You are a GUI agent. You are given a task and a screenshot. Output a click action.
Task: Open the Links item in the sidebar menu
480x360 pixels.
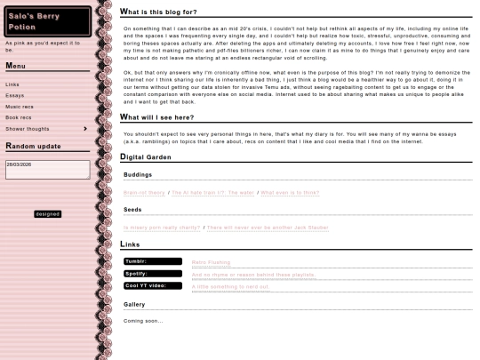click(12, 84)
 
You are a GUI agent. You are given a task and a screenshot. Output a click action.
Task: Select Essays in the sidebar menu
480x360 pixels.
click(15, 95)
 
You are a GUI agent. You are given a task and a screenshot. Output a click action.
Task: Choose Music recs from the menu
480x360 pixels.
click(20, 107)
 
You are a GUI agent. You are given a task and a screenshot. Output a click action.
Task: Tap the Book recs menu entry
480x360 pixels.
click(19, 117)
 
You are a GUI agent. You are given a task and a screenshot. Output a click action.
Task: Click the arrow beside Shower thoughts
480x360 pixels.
click(85, 129)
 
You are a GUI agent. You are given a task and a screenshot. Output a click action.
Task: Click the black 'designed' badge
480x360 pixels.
click(47, 214)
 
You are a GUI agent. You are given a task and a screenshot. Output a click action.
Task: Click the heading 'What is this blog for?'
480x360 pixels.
click(159, 12)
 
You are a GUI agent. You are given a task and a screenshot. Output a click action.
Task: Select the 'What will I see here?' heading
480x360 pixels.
click(156, 116)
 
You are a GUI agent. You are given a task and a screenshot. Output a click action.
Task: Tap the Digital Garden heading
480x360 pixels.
click(146, 156)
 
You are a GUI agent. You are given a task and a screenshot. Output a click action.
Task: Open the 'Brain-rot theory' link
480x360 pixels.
click(144, 192)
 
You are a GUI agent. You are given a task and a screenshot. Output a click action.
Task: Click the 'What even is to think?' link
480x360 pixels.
click(290, 192)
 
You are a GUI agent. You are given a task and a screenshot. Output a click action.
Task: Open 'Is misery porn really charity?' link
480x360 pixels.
click(162, 228)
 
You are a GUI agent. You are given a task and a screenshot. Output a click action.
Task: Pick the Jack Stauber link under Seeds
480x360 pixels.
click(268, 228)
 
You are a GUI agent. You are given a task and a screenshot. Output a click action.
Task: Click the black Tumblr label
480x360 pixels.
click(153, 261)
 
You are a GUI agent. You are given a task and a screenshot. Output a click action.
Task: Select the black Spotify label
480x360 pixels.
click(153, 274)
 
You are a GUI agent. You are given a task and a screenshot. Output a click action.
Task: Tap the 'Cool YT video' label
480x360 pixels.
click(153, 285)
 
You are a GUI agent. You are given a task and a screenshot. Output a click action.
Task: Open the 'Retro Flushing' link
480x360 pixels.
click(211, 262)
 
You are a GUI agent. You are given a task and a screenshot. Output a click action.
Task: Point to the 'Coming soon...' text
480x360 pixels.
click(143, 321)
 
